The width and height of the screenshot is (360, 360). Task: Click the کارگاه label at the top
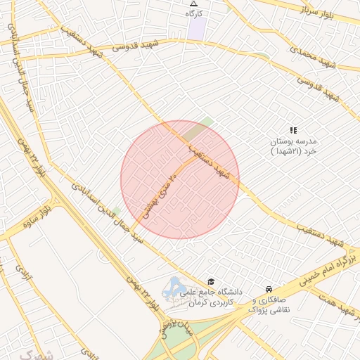pyautogui.click(x=194, y=13)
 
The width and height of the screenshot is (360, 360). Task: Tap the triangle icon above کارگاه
pyautogui.click(x=194, y=4)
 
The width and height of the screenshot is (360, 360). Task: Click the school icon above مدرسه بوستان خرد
pyautogui.click(x=293, y=130)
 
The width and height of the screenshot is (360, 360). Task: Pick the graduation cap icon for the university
pyautogui.click(x=210, y=281)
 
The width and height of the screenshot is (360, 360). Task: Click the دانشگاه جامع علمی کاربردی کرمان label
pyautogui.click(x=211, y=297)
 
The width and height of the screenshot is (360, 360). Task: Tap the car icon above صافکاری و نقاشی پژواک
pyautogui.click(x=269, y=288)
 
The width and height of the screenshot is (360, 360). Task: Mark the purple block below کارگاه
pyautogui.click(x=197, y=29)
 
